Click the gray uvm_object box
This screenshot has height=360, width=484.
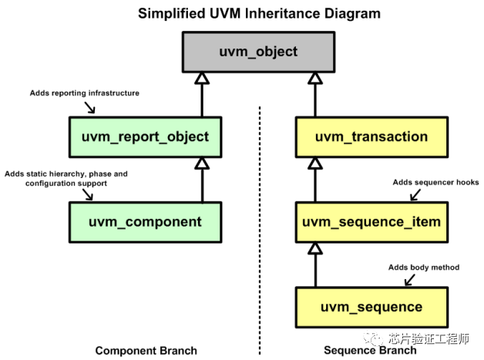[257, 52]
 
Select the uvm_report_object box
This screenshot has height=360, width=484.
[145, 136]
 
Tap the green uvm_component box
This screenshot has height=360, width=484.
[145, 222]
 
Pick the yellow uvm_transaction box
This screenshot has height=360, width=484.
[371, 136]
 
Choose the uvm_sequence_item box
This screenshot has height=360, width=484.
[371, 222]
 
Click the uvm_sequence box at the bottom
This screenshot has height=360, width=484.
[371, 307]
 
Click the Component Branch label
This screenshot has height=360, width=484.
[146, 351]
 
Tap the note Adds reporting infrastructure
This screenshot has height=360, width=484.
[84, 93]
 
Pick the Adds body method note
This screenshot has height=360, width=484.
[423, 267]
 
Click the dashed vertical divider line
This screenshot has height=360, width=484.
[260, 231]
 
